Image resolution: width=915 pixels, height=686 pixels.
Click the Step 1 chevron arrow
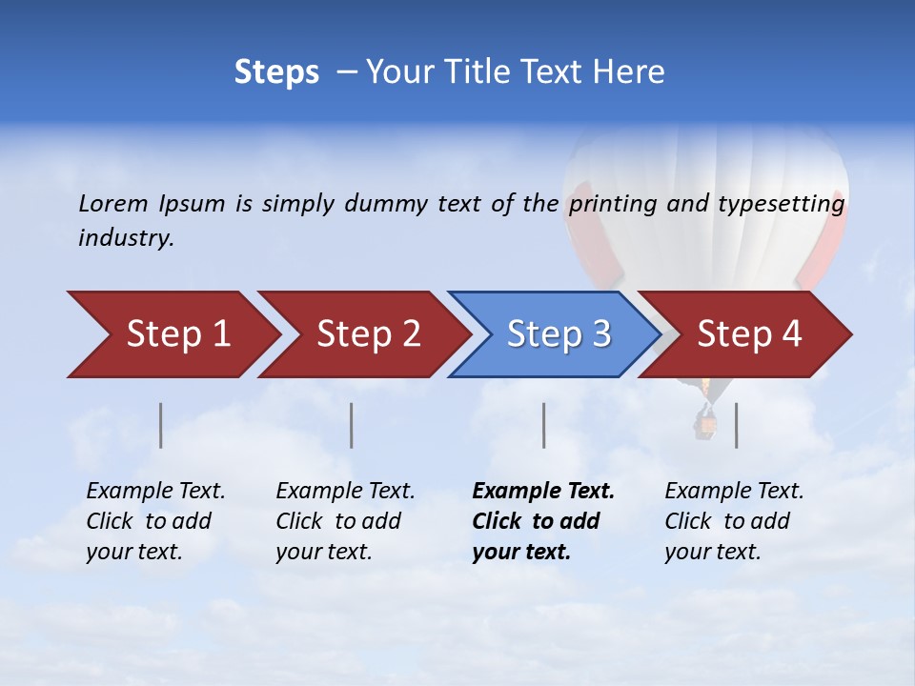coord(176,334)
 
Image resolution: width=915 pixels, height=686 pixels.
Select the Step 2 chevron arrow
coord(367,334)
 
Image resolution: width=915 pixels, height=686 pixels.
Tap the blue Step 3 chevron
coord(558,334)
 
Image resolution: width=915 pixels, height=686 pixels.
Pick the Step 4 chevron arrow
coord(748,334)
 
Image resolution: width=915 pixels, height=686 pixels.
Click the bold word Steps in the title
coord(276,72)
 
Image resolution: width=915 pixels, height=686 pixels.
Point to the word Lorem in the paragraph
coord(112,203)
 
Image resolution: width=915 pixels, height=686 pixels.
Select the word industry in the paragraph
coord(125,237)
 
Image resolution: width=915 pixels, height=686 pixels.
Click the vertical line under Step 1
coord(161,425)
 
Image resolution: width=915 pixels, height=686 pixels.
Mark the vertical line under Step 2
coord(352,425)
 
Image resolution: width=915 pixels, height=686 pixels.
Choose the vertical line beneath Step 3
coord(543,425)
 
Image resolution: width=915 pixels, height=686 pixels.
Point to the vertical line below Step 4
coord(736,425)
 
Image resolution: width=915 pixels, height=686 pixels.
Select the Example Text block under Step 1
coord(155,521)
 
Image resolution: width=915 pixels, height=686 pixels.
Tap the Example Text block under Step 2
coord(345,521)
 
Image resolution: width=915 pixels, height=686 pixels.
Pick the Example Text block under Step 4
coord(734,521)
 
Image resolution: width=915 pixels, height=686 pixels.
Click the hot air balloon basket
coord(706,425)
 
